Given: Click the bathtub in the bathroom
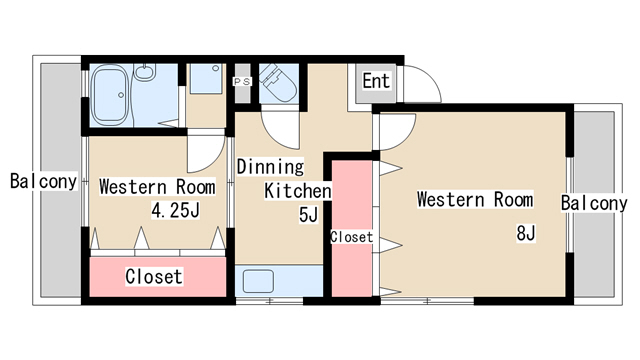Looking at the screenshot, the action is (109, 95).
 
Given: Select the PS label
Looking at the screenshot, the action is (242, 82).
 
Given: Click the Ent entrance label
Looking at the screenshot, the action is (376, 81).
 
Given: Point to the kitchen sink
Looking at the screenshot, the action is (258, 281).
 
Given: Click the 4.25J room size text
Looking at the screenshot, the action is (176, 210).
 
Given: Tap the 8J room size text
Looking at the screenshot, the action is (526, 233).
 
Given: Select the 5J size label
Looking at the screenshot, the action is (308, 215).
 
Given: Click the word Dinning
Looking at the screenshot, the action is (270, 167).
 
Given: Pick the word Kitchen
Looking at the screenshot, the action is (298, 191).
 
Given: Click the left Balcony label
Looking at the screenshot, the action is (43, 181).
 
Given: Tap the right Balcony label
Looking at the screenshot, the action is (594, 203).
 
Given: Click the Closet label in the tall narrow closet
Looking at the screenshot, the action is (351, 237).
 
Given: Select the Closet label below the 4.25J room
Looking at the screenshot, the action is (154, 276).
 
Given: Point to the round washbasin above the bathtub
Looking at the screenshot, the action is (145, 72).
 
